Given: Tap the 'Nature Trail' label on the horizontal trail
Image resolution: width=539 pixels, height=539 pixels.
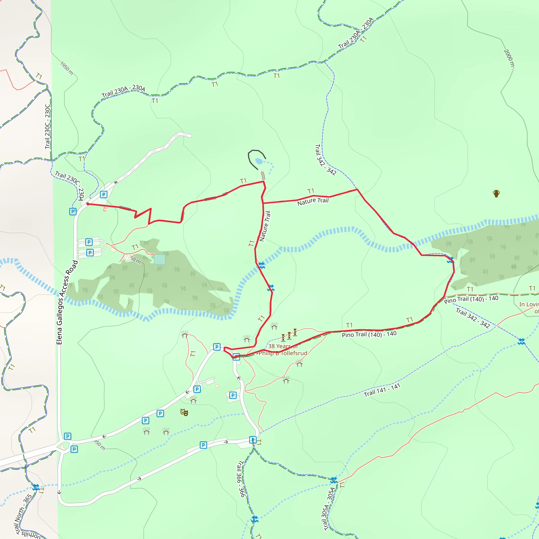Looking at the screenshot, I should (313, 201).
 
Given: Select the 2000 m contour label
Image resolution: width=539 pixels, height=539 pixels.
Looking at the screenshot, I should (509, 58).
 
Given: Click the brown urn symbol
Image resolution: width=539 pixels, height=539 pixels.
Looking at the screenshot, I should (496, 193).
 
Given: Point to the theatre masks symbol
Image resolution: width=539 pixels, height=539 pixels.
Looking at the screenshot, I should (184, 412).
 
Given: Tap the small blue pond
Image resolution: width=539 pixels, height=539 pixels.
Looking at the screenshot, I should (259, 161).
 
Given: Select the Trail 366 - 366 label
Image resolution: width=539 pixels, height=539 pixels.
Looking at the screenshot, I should (241, 479).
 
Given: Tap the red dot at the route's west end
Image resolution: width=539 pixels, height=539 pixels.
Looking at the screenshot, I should (88, 204).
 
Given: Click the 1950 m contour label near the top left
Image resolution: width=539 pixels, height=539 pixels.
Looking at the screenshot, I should (67, 68).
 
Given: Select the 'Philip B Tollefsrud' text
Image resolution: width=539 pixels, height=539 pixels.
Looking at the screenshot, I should (283, 353).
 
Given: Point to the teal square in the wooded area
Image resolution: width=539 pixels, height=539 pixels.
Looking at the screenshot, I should (159, 259).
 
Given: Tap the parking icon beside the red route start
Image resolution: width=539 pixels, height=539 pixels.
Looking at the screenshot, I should (103, 194).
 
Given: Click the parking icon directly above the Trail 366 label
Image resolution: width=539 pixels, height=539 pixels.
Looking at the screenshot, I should (253, 440).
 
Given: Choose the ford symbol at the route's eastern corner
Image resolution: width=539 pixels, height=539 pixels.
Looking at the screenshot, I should (450, 260).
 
